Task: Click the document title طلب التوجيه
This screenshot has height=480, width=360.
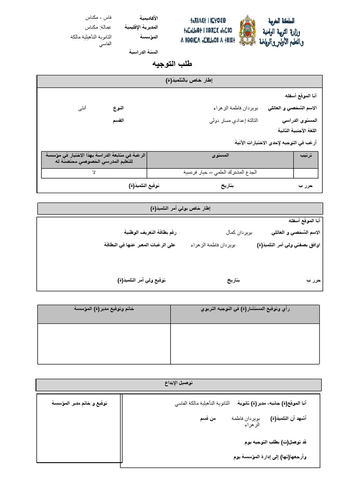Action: tap(172, 64)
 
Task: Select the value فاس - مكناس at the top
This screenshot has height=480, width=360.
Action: tap(95, 17)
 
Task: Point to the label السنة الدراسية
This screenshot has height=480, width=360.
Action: tap(143, 52)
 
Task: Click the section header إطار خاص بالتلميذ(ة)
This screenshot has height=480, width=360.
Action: tap(180, 81)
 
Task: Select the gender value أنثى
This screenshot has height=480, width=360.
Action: tap(82, 108)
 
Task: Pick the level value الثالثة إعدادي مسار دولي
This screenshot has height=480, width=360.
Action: tap(233, 120)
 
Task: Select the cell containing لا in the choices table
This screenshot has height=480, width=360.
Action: tap(94, 173)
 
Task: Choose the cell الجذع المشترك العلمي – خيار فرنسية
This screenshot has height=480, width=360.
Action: tap(220, 173)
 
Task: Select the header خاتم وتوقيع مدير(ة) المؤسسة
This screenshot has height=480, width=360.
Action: tap(104, 309)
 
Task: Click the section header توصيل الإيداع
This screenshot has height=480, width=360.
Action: tap(180, 383)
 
